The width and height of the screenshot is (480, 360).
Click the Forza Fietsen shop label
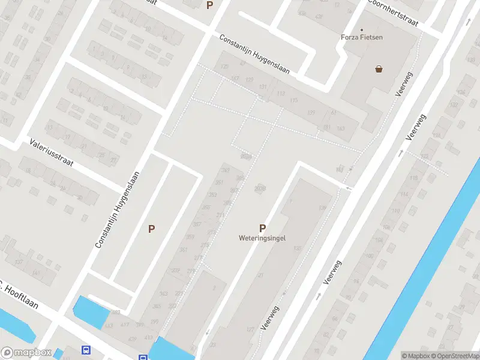(x=362, y=37)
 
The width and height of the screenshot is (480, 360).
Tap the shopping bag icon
(x=379, y=69)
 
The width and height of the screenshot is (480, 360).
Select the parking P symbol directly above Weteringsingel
(x=262, y=228)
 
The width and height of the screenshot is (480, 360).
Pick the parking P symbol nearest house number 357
(x=152, y=229)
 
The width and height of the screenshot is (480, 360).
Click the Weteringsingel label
(x=262, y=238)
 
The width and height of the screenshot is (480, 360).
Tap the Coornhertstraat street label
(x=392, y=13)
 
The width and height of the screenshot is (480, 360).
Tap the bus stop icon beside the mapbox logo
(x=86, y=350)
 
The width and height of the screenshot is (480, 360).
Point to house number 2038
(x=260, y=188)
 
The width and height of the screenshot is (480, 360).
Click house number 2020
(x=245, y=156)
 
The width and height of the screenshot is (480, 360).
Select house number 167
(x=235, y=79)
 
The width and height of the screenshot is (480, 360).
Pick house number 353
(x=212, y=195)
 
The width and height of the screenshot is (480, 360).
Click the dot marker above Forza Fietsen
(x=362, y=29)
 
